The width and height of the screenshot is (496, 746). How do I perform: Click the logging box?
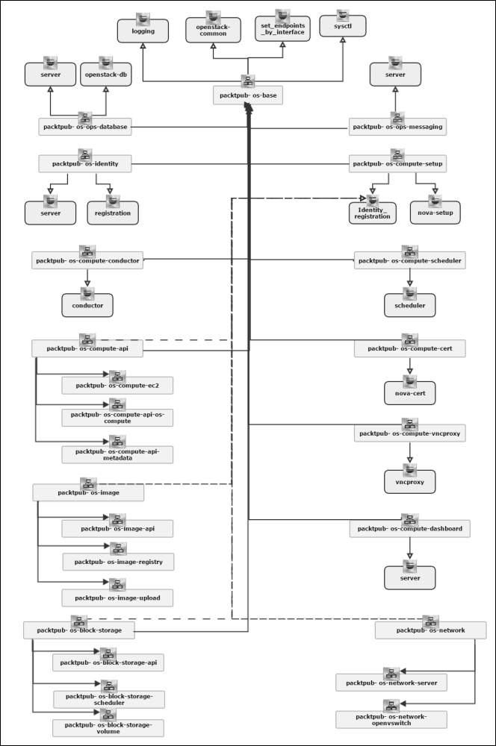coord(143,31)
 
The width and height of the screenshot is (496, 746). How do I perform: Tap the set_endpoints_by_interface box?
coord(282,31)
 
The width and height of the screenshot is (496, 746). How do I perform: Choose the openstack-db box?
coord(105,75)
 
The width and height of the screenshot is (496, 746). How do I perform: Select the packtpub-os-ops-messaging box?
coord(397,128)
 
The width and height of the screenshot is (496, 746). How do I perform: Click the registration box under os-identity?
coord(112,213)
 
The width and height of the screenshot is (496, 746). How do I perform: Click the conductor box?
coord(88,304)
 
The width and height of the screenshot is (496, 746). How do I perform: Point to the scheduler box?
coord(409,305)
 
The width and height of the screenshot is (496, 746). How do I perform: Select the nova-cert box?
coord(409,392)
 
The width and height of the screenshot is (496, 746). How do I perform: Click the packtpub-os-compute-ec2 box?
coord(117,386)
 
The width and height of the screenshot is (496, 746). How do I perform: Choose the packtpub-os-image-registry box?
coord(118,562)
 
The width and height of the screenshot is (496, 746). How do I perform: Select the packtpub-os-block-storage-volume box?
coord(108,727)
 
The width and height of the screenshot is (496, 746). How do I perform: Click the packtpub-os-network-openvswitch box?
coord(391,720)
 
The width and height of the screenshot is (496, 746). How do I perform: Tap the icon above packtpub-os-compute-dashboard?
coord(409,519)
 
